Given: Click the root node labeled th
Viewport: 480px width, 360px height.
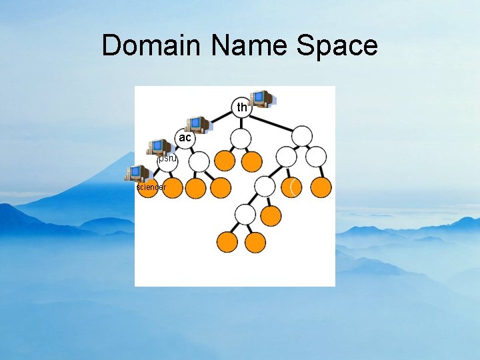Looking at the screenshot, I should (241, 107).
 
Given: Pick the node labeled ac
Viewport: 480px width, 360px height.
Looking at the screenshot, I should (185, 137).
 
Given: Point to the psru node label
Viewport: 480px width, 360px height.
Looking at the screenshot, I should (167, 159).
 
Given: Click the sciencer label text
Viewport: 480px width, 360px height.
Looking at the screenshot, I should (151, 187).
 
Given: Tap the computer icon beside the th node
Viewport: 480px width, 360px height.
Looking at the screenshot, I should (262, 99).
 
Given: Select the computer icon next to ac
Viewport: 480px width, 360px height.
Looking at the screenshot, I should (197, 124).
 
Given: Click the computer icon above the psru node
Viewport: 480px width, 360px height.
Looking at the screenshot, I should (159, 147).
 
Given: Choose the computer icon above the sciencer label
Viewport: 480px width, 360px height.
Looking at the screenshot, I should (138, 173).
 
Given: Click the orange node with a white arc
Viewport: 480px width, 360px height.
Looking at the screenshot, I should (291, 188).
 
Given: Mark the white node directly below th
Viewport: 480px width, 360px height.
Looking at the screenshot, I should (240, 139).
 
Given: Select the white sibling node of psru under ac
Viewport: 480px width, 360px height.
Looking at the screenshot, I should (199, 161).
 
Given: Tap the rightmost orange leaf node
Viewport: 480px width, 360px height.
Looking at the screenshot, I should (321, 188).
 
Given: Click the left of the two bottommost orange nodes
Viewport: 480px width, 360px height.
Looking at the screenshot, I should (228, 242).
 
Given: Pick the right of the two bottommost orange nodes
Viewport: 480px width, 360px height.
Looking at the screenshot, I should (255, 242).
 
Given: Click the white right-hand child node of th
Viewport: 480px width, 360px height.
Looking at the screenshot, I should (302, 136).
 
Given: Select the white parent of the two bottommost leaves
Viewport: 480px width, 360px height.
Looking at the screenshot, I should (245, 215).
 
